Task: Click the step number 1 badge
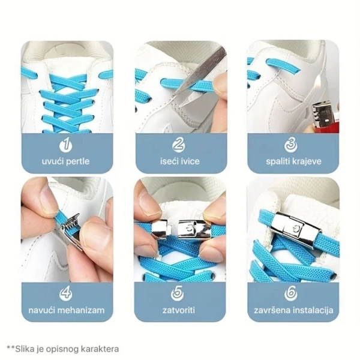(x=66, y=145)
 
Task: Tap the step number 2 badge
(x=179, y=145)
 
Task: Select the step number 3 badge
(x=291, y=145)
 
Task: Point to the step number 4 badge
(x=66, y=294)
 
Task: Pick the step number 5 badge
(x=177, y=294)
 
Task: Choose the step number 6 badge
(x=291, y=294)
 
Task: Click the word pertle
(x=77, y=161)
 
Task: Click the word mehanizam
(x=81, y=310)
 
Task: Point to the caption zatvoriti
(x=179, y=310)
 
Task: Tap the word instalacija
(x=311, y=310)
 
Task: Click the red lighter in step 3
(x=326, y=119)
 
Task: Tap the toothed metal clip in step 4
(x=70, y=226)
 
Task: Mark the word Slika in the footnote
(x=23, y=349)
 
